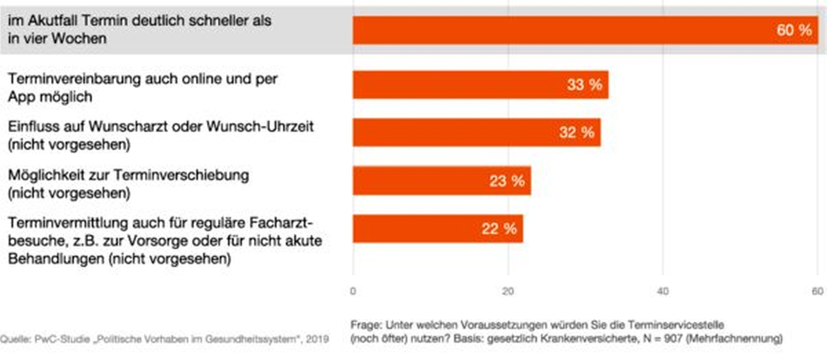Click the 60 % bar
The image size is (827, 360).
566,30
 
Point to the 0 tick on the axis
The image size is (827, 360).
353,291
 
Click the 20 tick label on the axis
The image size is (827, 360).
508,291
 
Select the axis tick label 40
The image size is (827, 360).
663,291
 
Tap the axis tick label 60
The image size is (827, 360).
817,291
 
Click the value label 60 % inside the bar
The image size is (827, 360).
794,30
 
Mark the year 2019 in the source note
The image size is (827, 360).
317,339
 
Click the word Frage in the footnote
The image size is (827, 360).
366,325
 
